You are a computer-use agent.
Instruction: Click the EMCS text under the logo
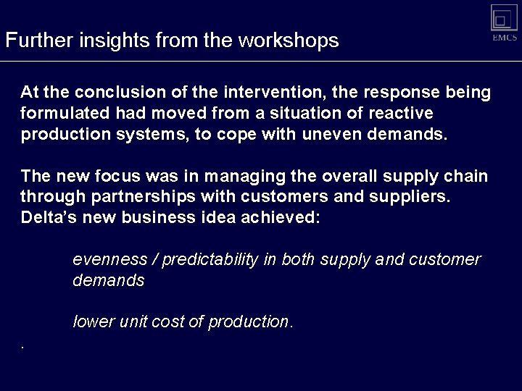coord(505,38)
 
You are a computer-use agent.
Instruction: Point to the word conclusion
coord(115,93)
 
